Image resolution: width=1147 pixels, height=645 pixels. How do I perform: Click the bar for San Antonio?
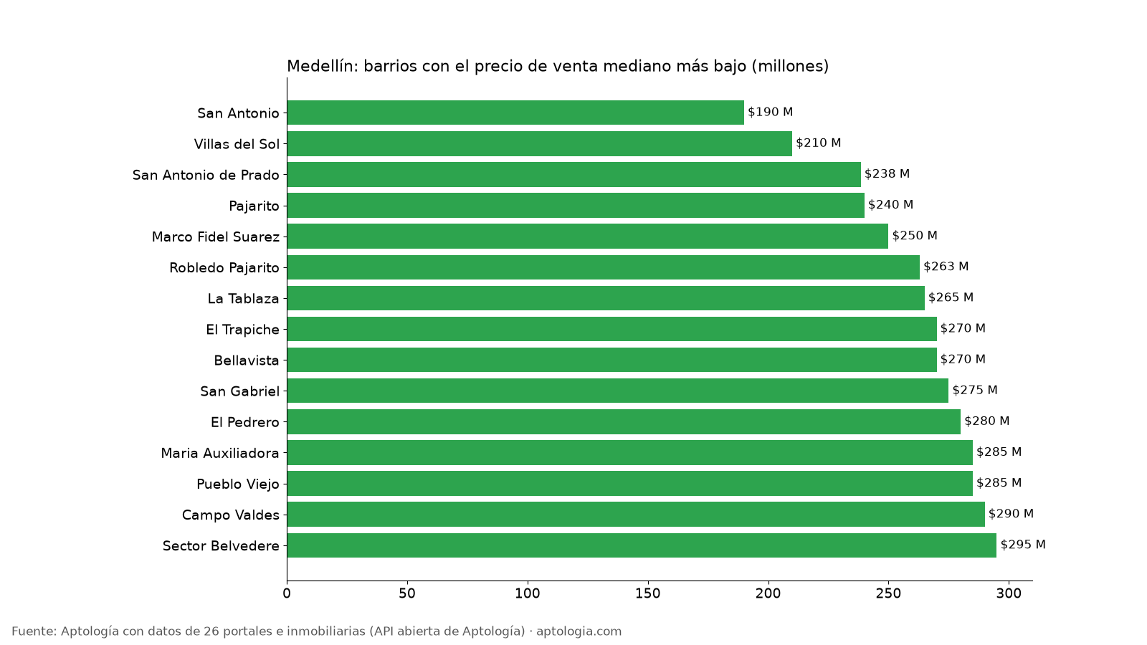[x=515, y=113]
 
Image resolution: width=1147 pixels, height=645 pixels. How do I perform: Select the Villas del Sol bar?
[x=539, y=143]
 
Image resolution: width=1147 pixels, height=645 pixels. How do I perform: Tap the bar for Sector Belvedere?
[x=642, y=545]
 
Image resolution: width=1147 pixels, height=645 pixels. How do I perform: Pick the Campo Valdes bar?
[x=635, y=514]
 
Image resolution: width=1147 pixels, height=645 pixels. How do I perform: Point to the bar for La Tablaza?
[x=606, y=298]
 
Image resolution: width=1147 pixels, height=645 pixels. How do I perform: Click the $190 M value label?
[x=770, y=112]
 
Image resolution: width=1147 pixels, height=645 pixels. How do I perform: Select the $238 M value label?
[x=887, y=173]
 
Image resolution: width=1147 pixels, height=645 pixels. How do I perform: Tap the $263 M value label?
[x=946, y=266]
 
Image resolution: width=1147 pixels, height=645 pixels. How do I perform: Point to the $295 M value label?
[x=1022, y=544]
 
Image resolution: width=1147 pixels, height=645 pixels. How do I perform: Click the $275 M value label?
[x=974, y=390]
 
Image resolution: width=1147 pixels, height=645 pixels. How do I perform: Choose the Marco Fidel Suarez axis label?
[x=216, y=237]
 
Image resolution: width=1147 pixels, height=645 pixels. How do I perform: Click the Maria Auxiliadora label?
[x=219, y=453]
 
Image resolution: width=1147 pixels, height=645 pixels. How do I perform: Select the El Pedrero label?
[x=244, y=422]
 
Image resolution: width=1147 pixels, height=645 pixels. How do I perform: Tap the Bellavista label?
[x=247, y=360]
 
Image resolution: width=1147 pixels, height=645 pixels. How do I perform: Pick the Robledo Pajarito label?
[x=224, y=268]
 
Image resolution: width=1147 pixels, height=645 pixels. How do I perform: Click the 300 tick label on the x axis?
[x=1009, y=593]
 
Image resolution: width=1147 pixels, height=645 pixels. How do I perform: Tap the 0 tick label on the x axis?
[x=287, y=593]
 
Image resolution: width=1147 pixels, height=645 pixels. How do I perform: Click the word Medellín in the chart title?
[x=323, y=66]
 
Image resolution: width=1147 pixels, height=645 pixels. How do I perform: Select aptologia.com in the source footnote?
[x=579, y=631]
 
